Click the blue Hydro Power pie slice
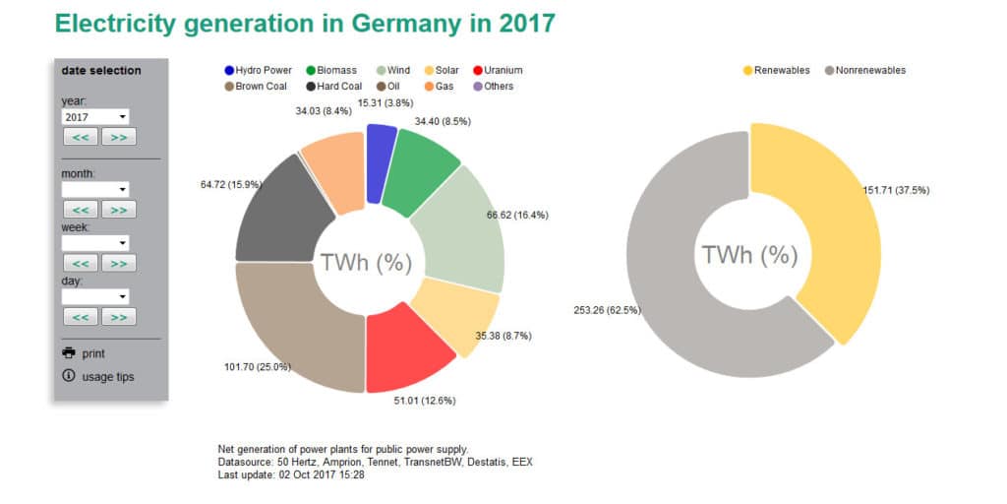[x=380, y=162]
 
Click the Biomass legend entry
[x=333, y=71]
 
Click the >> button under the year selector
[x=118, y=137]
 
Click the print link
[x=93, y=353]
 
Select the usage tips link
[x=108, y=377]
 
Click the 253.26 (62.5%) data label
[x=607, y=310]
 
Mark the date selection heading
[x=101, y=71]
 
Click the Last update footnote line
[x=291, y=474]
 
